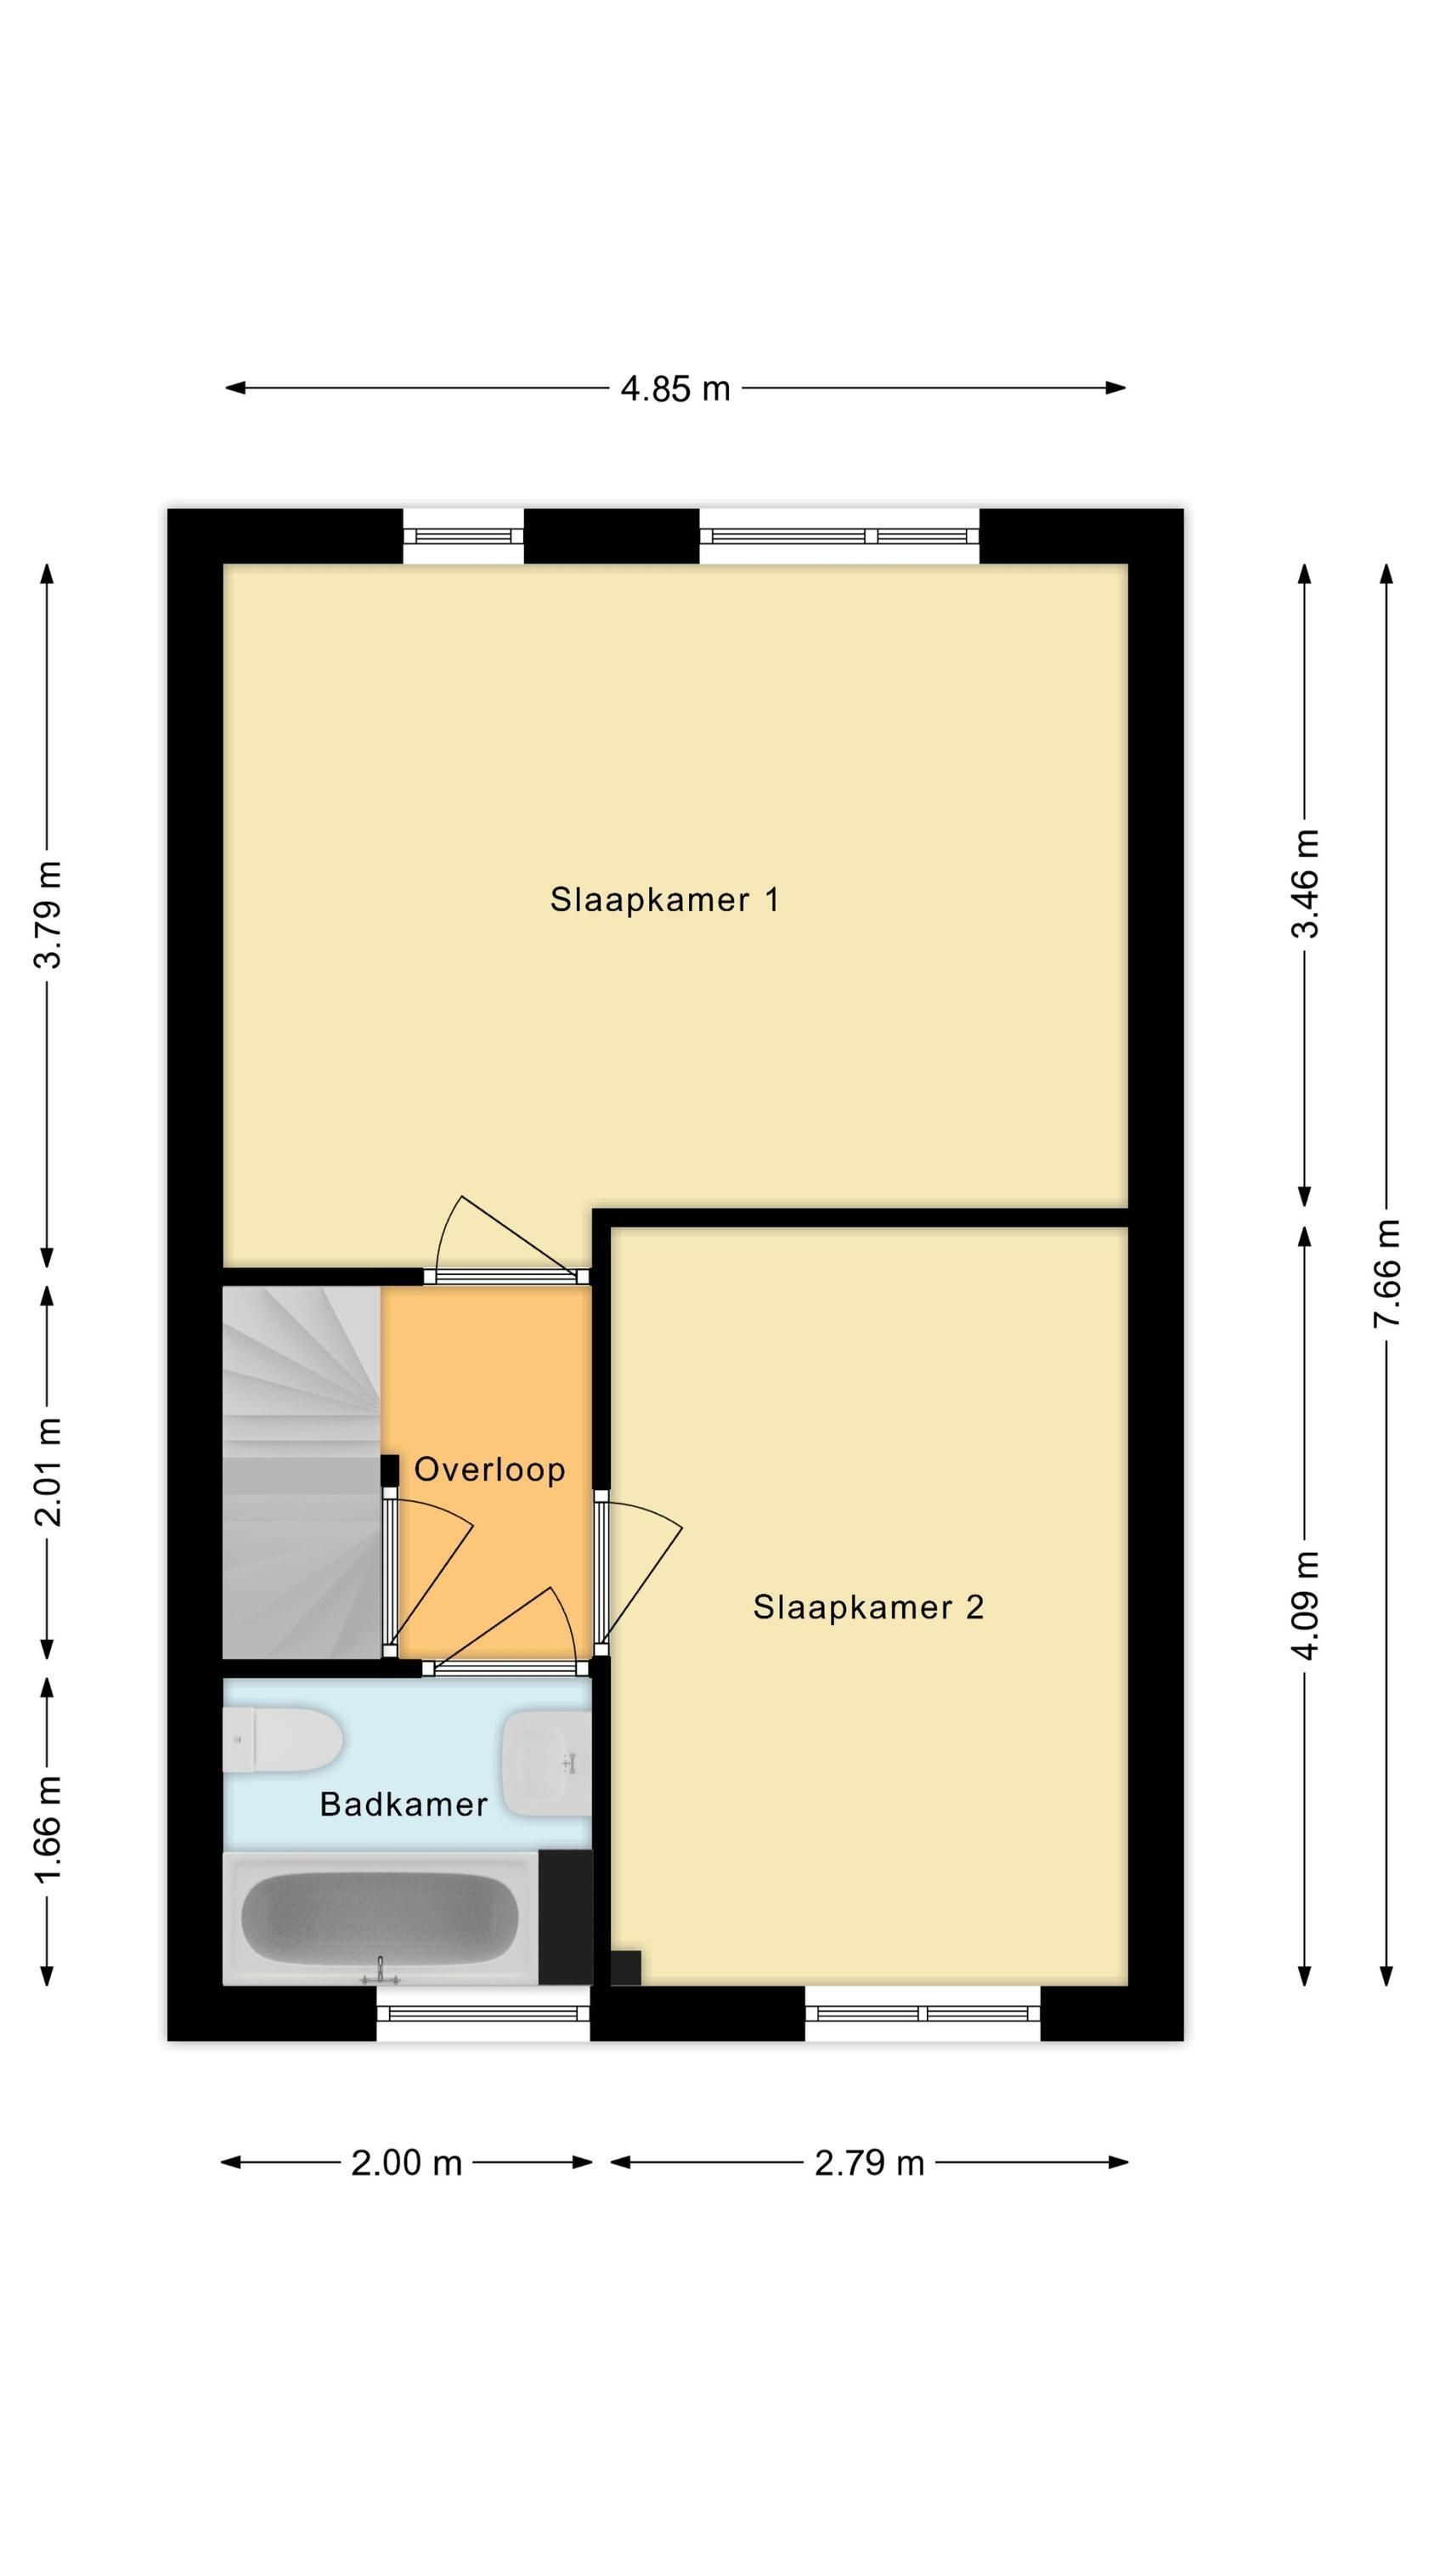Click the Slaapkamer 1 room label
(x=664, y=900)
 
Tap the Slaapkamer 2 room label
(x=868, y=1606)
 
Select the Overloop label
(x=488, y=1469)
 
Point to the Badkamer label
(x=404, y=1805)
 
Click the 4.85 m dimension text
(x=675, y=388)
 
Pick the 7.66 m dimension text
(x=1386, y=1275)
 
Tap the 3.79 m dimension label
(x=48, y=914)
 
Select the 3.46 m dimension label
(x=1306, y=884)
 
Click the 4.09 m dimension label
(x=1306, y=1606)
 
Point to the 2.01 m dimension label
(x=48, y=1472)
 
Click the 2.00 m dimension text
(x=407, y=2163)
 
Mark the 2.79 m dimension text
(x=869, y=2163)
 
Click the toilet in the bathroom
(x=283, y=1739)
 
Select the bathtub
(x=381, y=1918)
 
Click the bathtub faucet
(x=380, y=1973)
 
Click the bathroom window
(x=483, y=2013)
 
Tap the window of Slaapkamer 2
(x=923, y=2013)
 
